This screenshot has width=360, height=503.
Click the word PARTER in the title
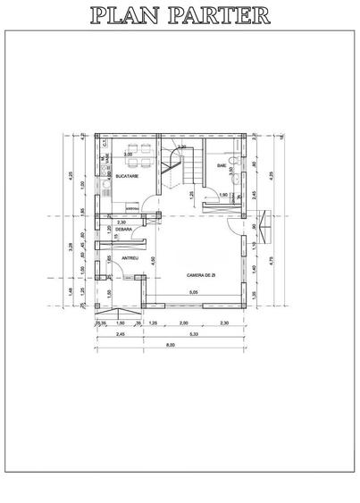[x=221, y=15]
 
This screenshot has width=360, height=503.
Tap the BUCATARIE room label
[x=126, y=177]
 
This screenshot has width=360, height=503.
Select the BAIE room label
[x=221, y=166]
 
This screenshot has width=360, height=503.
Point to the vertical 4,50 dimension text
[x=154, y=260]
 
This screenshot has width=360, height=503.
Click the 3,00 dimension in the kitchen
[x=128, y=155]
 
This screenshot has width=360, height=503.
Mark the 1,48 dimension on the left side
[x=71, y=289]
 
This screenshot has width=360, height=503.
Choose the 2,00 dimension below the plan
[x=184, y=323]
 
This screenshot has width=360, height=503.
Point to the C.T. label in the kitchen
[x=105, y=143]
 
